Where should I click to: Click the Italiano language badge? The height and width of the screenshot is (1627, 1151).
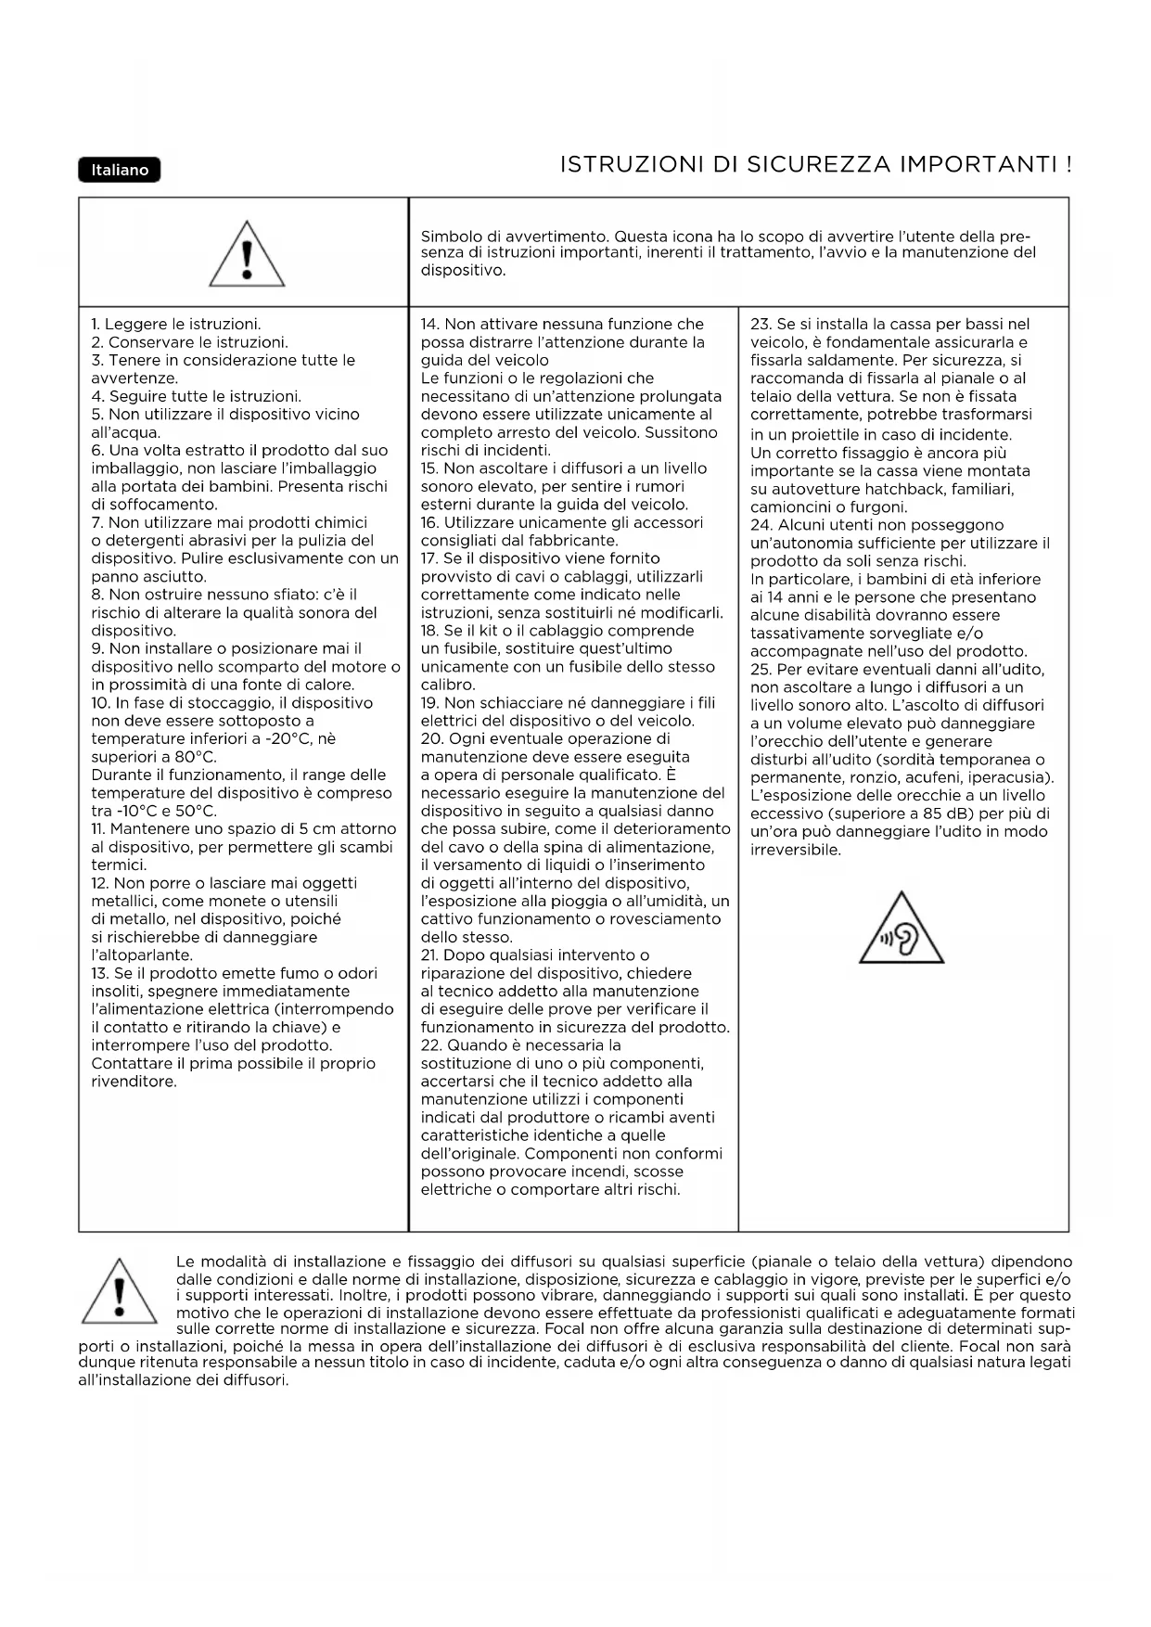click(120, 170)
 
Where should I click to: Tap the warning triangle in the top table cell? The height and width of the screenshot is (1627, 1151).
click(247, 253)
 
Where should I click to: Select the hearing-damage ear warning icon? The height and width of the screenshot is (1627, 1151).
click(902, 930)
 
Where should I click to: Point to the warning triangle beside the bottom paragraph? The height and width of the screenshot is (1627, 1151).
click(119, 1289)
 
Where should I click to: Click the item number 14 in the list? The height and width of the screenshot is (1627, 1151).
click(429, 325)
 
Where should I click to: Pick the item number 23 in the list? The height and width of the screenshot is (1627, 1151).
click(760, 325)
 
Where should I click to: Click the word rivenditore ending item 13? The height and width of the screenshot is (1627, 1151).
click(134, 1082)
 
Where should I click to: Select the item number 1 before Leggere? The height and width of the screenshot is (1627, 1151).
click(96, 325)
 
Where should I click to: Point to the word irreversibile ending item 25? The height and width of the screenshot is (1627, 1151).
click(795, 850)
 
